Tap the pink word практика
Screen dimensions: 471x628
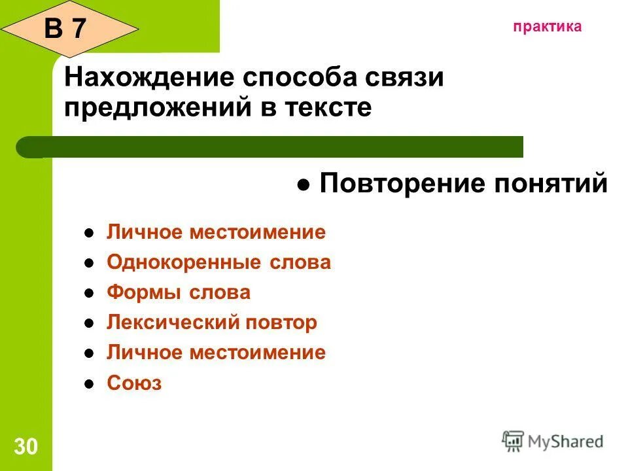tap(547, 27)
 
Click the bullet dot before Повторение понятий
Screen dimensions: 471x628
tap(304, 186)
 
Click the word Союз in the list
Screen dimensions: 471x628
tap(134, 383)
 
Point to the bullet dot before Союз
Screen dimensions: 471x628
tap(90, 384)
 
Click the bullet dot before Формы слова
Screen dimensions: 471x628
tap(90, 294)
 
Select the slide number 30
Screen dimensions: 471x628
tap(26, 447)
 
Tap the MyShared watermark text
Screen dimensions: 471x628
tap(565, 442)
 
